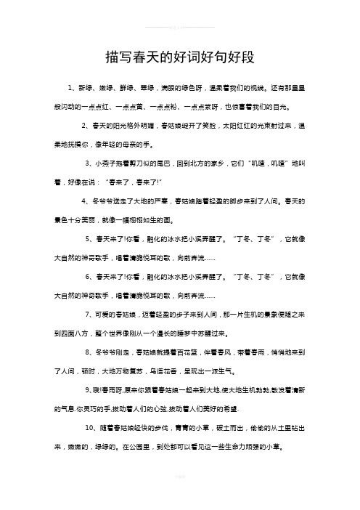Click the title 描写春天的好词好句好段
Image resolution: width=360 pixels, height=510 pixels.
179,56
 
